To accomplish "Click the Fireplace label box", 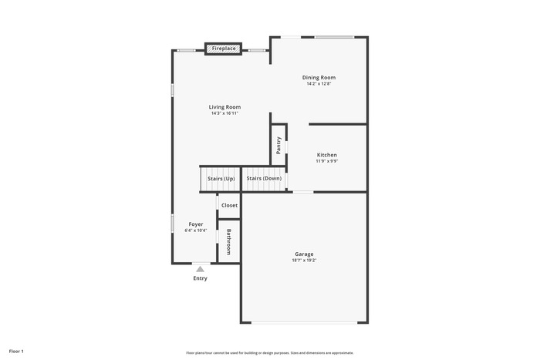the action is point(224,49).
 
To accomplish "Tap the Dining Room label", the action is point(319,77).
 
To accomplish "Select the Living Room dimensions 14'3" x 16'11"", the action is point(225,113).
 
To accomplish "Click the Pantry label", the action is point(278,145).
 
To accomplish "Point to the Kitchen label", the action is point(327,155).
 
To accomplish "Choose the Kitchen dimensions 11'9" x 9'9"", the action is point(327,161).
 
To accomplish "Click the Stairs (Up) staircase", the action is point(221,179).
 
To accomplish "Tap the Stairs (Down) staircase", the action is point(264,179).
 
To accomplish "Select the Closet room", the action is point(229,206).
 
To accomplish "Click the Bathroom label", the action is point(228,242).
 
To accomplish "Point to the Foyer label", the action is point(196,224).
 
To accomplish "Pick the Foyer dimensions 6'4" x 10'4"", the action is point(196,230).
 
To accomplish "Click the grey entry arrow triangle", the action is point(200,269).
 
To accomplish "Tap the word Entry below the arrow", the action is point(200,278).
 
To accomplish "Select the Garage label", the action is point(304,254).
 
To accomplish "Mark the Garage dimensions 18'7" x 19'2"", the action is point(304,261).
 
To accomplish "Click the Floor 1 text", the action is point(16,352).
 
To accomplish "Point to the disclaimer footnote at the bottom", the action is point(270,353).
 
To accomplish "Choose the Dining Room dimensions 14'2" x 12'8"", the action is point(319,83).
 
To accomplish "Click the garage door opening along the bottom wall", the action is point(304,323).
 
